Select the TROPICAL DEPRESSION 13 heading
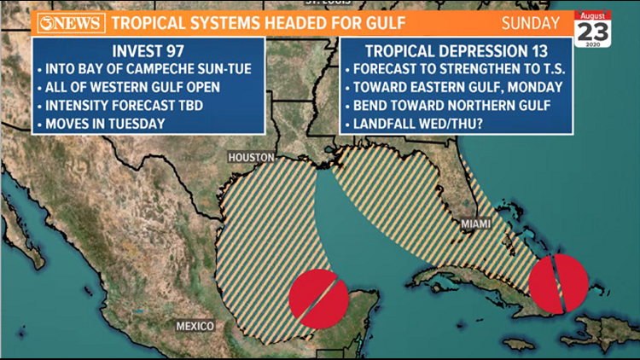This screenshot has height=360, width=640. [x=457, y=49]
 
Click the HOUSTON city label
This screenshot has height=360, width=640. [x=251, y=158]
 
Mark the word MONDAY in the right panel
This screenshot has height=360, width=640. [x=530, y=88]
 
